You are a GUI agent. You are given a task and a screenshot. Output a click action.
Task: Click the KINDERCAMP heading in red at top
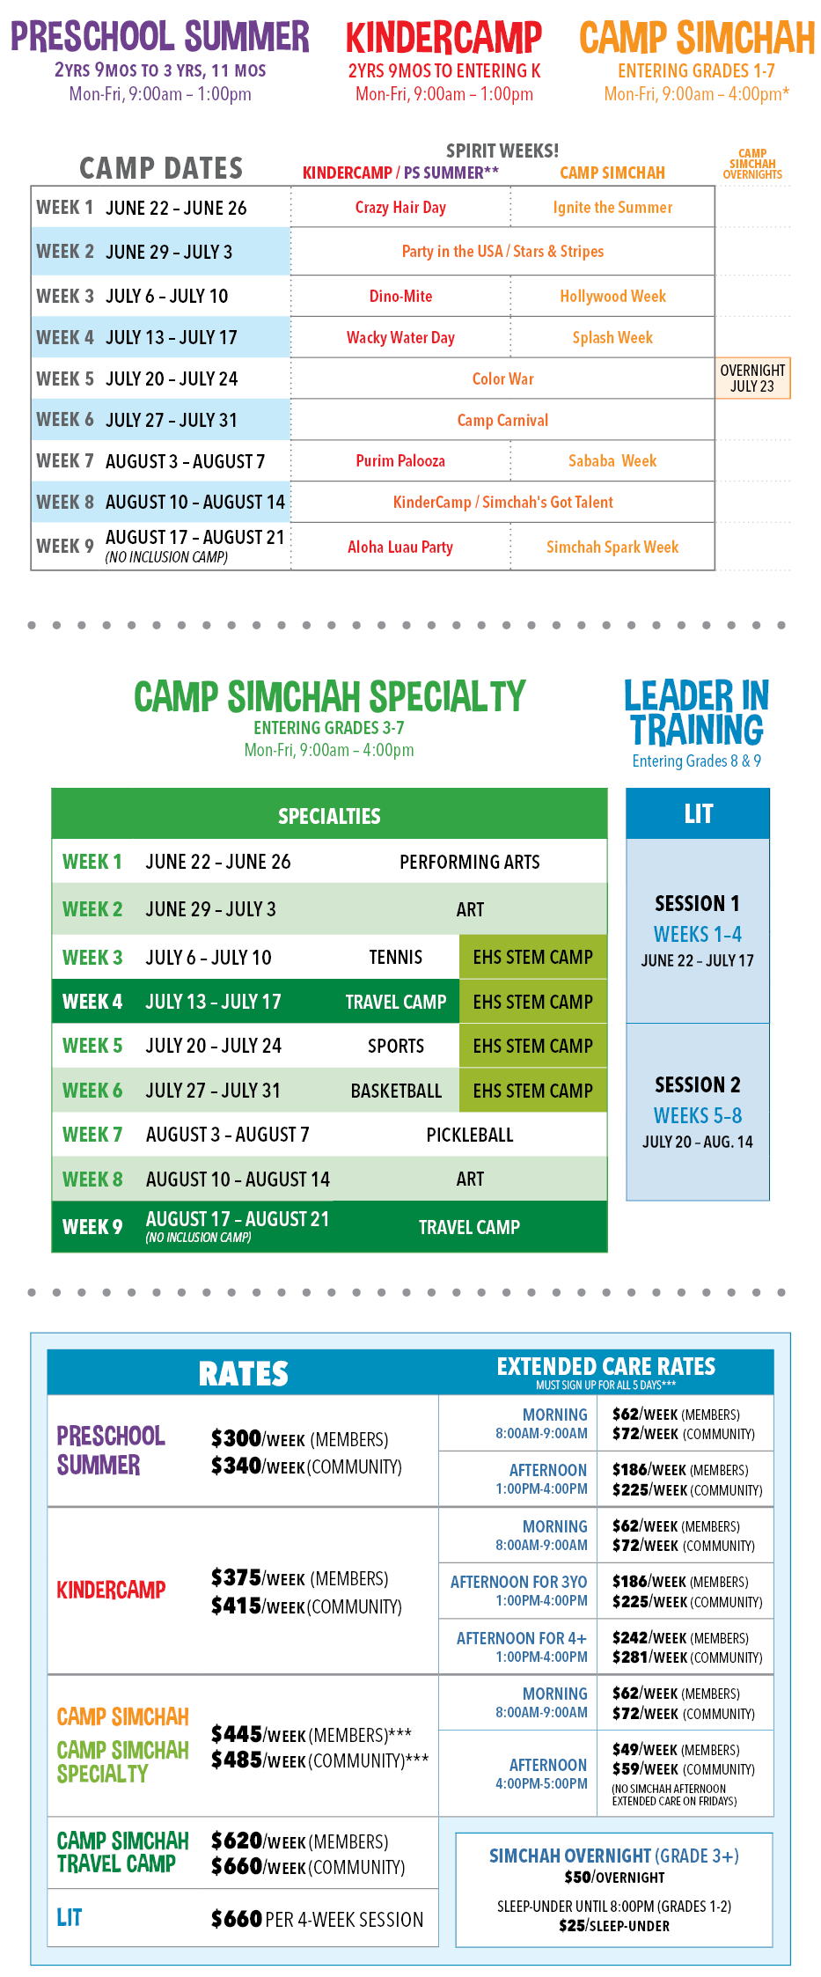(x=443, y=38)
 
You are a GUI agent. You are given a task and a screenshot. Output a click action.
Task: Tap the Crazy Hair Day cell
(x=400, y=208)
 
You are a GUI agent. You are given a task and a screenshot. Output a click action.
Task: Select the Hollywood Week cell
(x=612, y=297)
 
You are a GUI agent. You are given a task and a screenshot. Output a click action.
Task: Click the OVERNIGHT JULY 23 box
(x=752, y=378)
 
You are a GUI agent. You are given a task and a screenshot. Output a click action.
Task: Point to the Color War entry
(x=502, y=379)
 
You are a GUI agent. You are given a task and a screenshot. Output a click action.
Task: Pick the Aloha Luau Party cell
(x=400, y=548)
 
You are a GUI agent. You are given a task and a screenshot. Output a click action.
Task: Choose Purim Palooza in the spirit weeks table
(x=400, y=461)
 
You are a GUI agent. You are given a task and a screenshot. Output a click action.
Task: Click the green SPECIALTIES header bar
(x=329, y=815)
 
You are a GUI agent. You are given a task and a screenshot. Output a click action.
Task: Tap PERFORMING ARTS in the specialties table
(x=470, y=862)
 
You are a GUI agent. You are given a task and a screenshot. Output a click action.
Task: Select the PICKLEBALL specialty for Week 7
(x=470, y=1135)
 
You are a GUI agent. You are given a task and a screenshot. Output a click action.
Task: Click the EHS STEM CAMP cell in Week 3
(x=532, y=957)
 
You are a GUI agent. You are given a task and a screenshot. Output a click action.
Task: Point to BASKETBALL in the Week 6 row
(x=396, y=1091)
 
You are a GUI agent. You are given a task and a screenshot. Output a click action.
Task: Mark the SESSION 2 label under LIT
(x=697, y=1084)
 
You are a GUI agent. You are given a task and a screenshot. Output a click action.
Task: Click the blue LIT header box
(x=698, y=813)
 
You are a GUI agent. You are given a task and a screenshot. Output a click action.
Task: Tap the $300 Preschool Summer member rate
(x=237, y=1438)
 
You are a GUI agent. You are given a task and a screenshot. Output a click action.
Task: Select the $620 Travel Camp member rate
(x=237, y=1841)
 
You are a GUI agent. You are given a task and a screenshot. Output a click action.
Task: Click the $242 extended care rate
(x=630, y=1637)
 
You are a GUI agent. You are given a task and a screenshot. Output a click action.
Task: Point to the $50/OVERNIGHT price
(x=614, y=1878)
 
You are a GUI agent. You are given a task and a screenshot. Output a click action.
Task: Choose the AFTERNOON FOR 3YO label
(x=518, y=1582)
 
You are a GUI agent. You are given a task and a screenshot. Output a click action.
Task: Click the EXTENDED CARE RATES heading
(x=605, y=1366)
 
